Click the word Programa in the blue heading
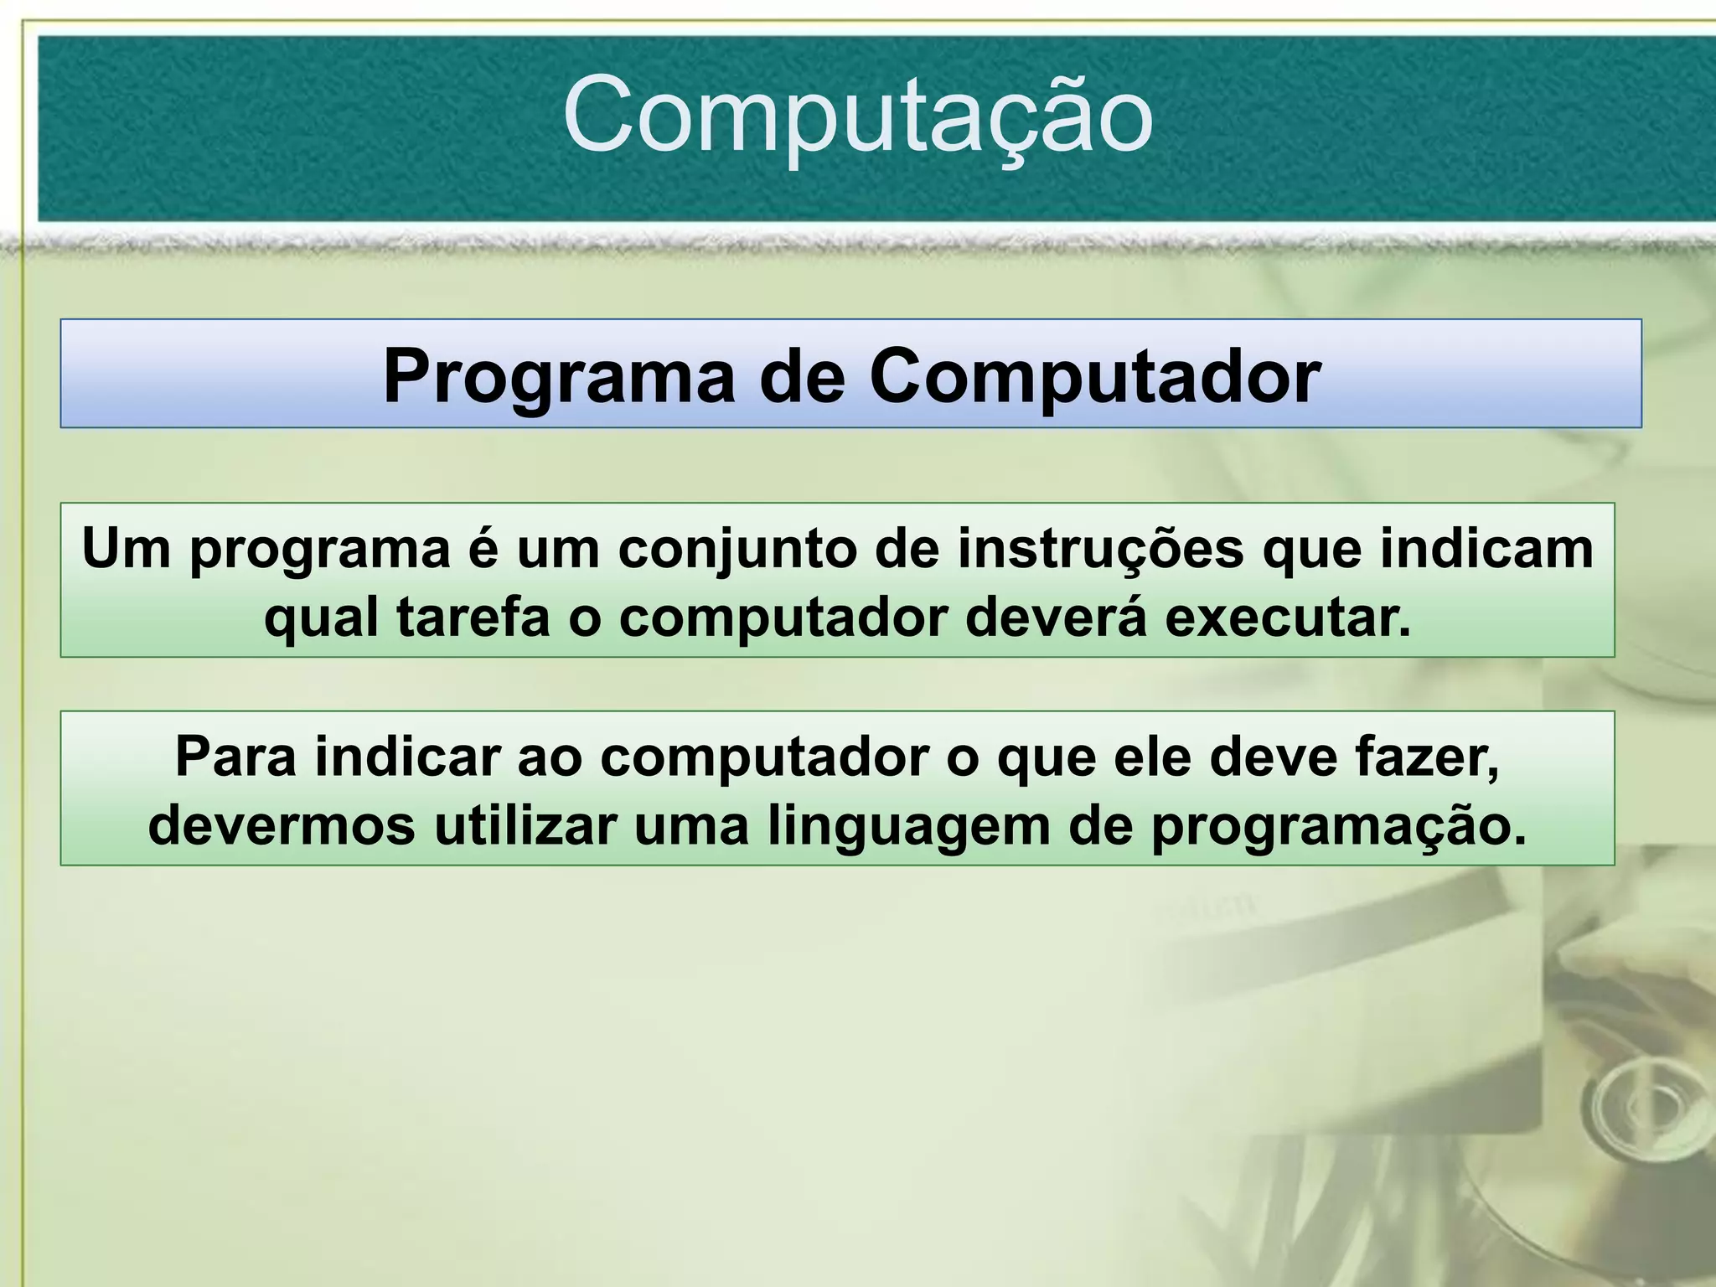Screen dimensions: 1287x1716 [x=558, y=376]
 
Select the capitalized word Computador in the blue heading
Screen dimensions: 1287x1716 [x=1095, y=376]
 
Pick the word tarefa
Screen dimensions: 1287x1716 [x=473, y=618]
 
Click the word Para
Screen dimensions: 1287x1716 [x=235, y=757]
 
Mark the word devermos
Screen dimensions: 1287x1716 [x=282, y=826]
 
